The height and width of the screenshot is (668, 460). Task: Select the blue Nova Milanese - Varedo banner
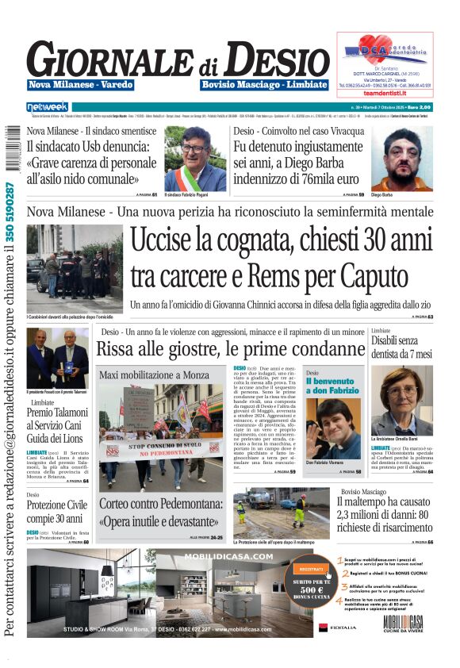80,85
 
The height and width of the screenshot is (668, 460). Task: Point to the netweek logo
48,106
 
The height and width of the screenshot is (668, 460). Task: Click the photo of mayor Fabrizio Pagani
194,158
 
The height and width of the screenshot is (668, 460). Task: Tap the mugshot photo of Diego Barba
401,159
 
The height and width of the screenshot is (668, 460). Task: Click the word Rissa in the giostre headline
118,348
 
